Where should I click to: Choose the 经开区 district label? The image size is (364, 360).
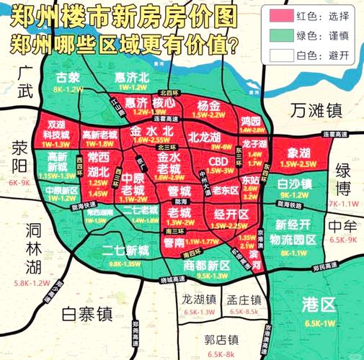pyautogui.click(x=231, y=213)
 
